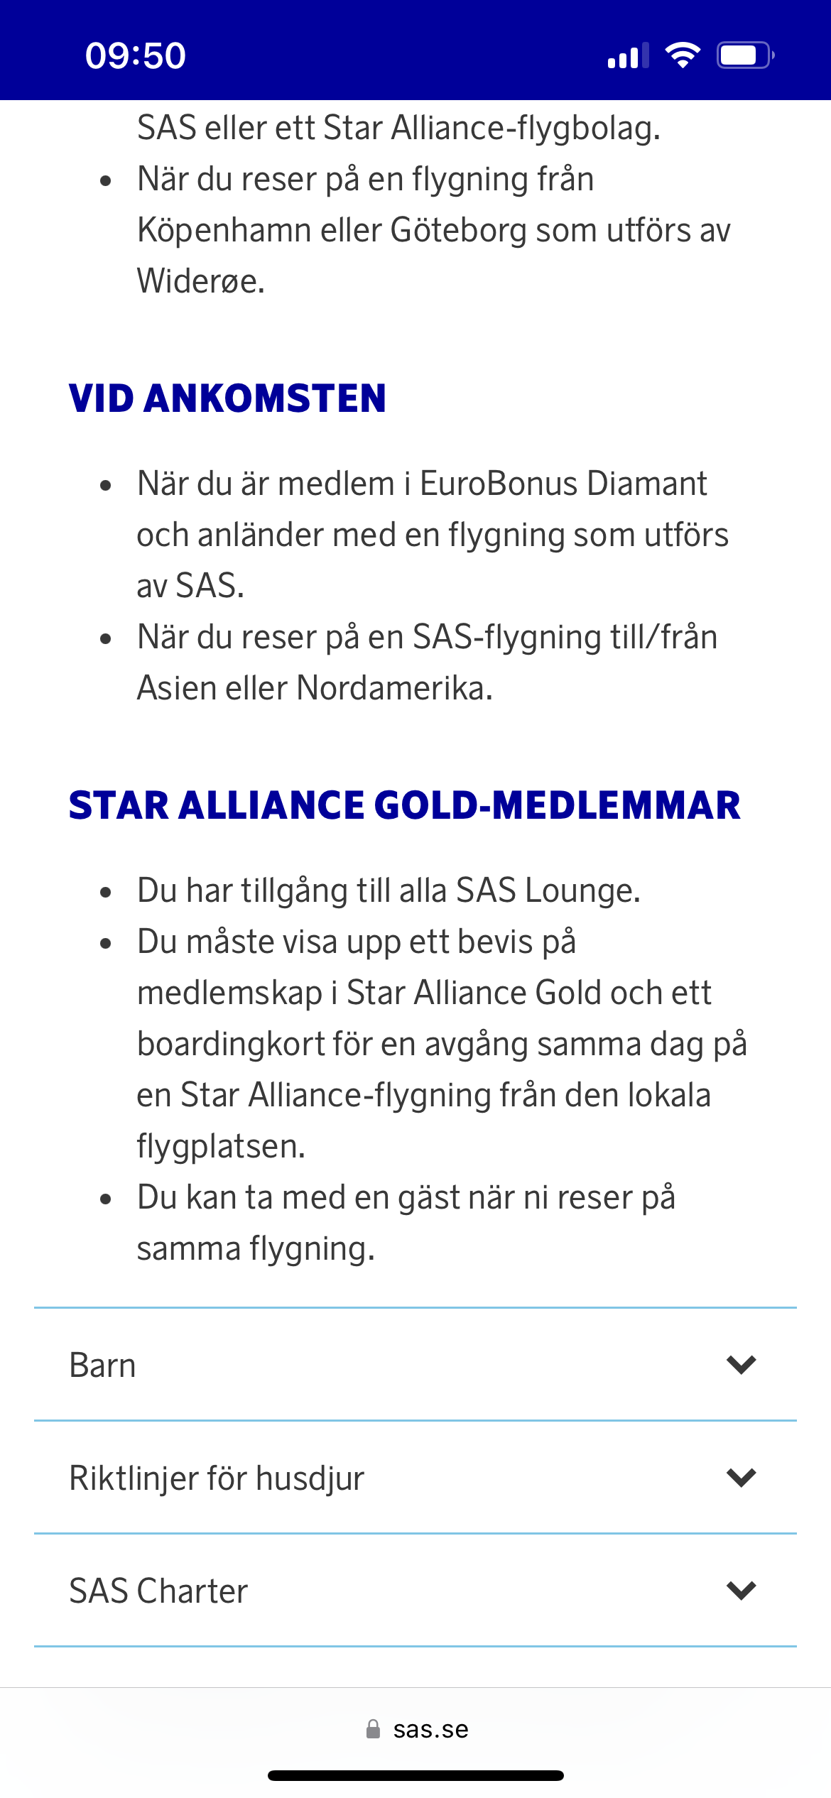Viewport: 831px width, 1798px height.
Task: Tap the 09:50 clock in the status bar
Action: pyautogui.click(x=135, y=55)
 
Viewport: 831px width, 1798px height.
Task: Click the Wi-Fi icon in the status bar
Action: pyautogui.click(x=683, y=55)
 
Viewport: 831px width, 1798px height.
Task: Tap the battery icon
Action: pyautogui.click(x=744, y=55)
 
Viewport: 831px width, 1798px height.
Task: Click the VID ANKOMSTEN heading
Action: pyautogui.click(x=227, y=398)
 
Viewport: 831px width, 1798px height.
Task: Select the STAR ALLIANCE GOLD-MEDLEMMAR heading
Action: pyautogui.click(x=404, y=805)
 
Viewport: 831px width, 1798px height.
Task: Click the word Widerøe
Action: pyautogui.click(x=200, y=281)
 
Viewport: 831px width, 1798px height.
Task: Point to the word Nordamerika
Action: pyautogui.click(x=393, y=688)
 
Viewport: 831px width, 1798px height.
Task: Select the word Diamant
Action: pyautogui.click(x=646, y=484)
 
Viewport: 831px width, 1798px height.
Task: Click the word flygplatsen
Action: pyautogui.click(x=220, y=1147)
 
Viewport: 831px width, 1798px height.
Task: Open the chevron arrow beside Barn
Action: pyautogui.click(x=741, y=1365)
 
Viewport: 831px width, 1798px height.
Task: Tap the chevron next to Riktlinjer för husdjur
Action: pyautogui.click(x=741, y=1478)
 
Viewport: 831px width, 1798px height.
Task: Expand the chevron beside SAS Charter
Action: pyautogui.click(x=741, y=1591)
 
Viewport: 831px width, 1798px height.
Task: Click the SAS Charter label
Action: pyautogui.click(x=158, y=1591)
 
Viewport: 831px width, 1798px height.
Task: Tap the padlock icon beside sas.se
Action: pyautogui.click(x=373, y=1729)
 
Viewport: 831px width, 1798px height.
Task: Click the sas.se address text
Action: pyautogui.click(x=430, y=1730)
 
